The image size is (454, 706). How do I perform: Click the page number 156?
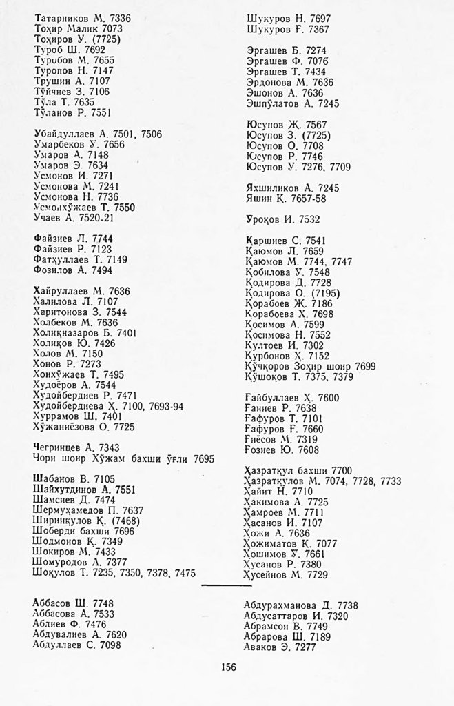228,665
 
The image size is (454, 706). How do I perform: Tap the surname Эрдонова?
271,82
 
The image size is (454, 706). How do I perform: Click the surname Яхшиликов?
274,188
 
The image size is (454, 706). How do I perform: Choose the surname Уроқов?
265,219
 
